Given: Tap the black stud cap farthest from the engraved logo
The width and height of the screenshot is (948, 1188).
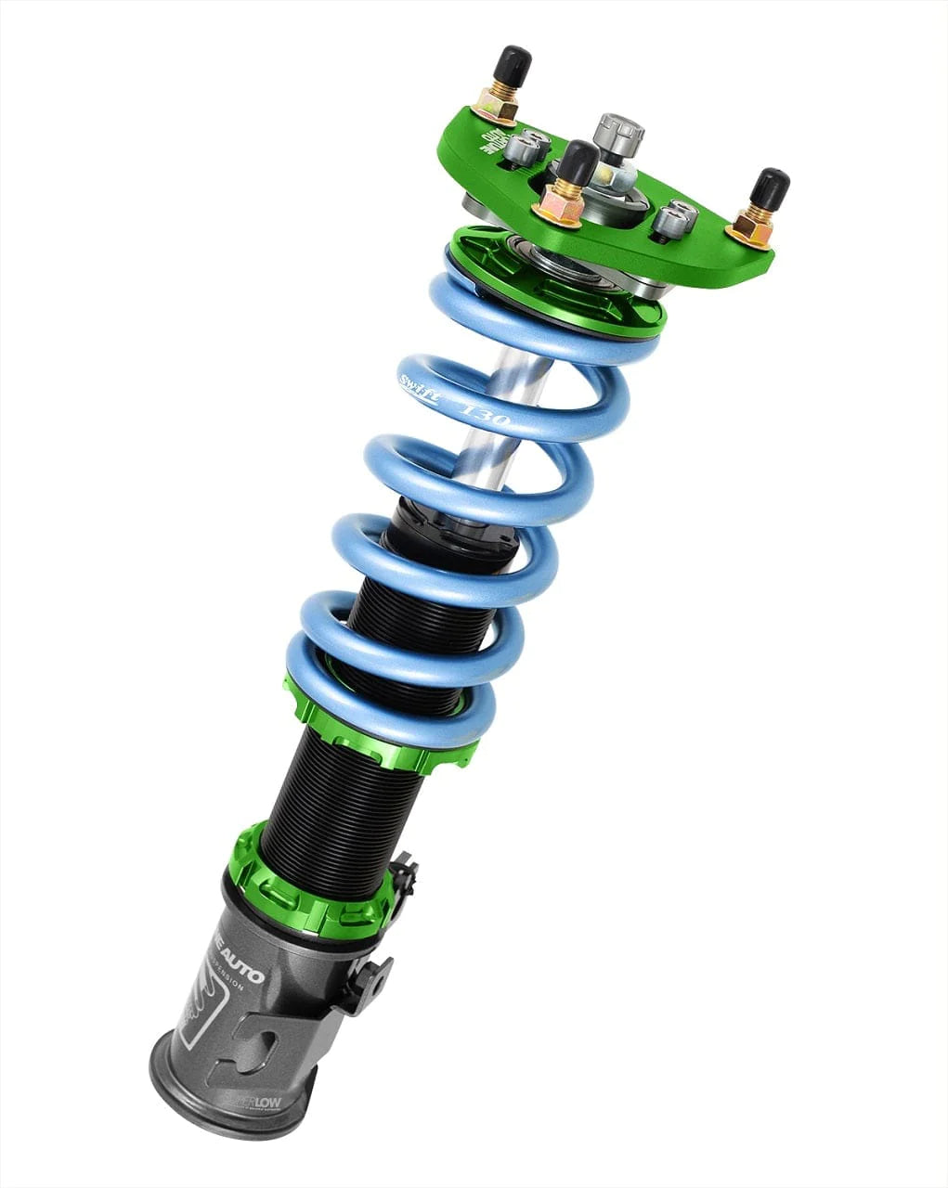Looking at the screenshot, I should tap(770, 188).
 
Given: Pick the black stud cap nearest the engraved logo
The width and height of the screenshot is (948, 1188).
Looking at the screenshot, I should tap(512, 66).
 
